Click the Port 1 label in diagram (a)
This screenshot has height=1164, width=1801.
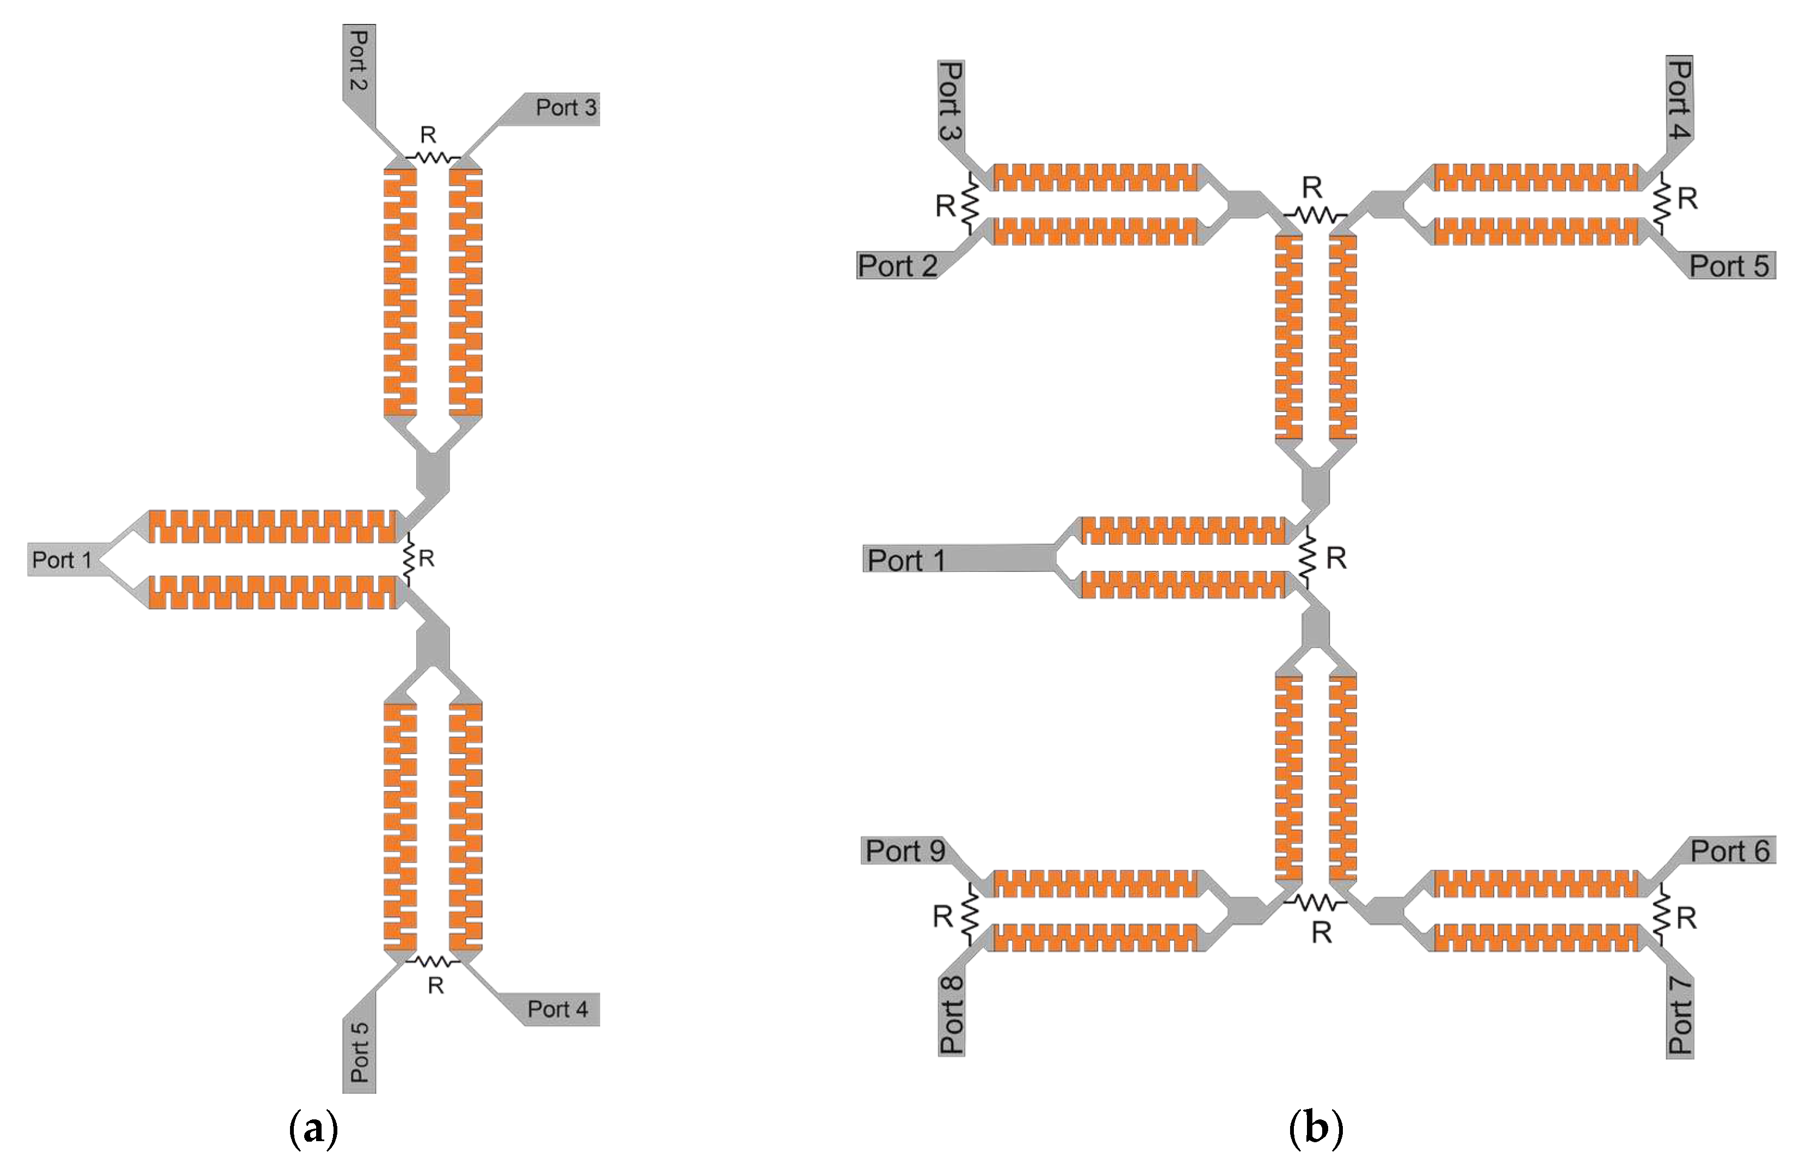point(62,560)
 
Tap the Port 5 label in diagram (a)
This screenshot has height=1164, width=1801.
point(360,1051)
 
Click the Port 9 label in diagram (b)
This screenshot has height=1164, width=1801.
point(905,851)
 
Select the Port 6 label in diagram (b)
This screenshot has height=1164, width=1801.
point(1729,851)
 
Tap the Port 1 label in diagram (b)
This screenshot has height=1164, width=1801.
point(905,560)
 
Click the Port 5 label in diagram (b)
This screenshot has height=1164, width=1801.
point(1729,266)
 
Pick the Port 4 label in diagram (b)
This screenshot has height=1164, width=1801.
point(1679,98)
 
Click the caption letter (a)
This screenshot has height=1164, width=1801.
point(313,1129)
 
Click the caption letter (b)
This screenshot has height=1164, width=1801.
point(1315,1129)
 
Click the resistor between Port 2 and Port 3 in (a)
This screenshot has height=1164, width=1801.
point(433,157)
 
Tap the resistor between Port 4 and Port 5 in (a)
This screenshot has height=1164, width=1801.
point(433,962)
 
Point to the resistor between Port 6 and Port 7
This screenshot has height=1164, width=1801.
point(1661,917)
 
